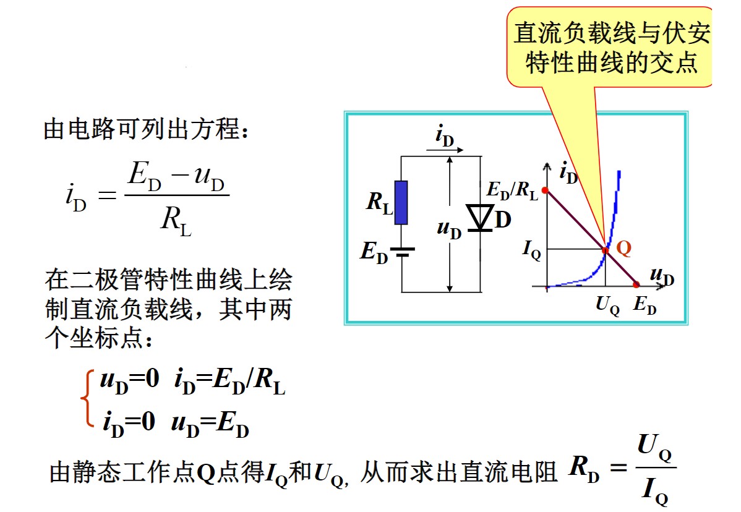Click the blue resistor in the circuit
click(401, 202)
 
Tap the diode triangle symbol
click(481, 217)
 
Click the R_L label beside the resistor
click(379, 203)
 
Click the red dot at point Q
click(606, 250)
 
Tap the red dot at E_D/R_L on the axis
click(545, 190)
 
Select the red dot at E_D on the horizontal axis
click(636, 285)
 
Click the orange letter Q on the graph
click(623, 249)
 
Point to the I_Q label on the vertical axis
click(531, 250)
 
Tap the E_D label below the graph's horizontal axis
click(645, 305)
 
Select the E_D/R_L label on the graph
click(512, 191)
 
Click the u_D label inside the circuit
click(449, 229)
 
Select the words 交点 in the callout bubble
click(677, 63)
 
